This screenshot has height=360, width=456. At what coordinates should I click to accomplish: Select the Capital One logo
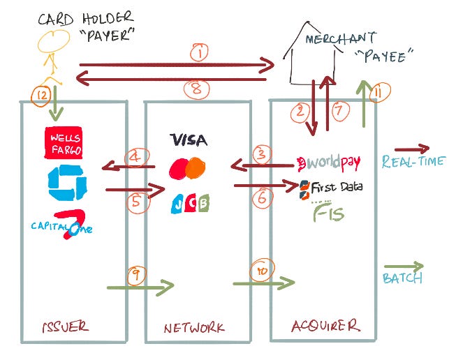pos(62,225)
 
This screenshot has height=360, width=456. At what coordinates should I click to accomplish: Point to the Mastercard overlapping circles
pos(187,168)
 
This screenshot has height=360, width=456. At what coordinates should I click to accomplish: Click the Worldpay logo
pos(329,163)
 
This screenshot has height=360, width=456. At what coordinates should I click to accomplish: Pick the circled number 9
pos(136,275)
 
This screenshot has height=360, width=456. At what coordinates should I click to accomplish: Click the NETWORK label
pos(195,327)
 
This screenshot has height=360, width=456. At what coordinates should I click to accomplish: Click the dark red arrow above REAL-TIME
pos(411,149)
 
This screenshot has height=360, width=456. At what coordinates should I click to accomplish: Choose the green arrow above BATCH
pos(404,267)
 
